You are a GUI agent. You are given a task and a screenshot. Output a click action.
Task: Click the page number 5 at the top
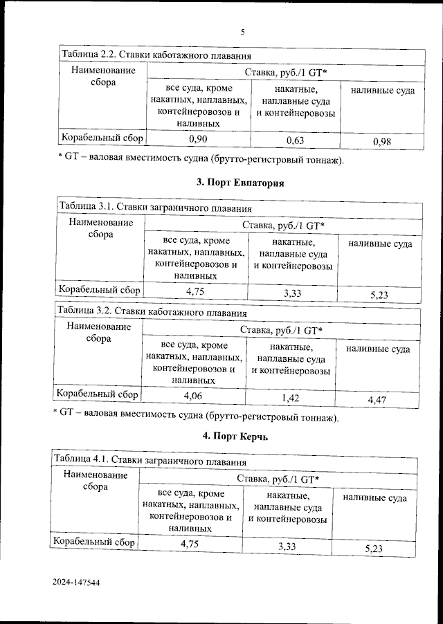point(243,32)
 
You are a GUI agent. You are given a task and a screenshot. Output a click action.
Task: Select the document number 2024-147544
point(77,583)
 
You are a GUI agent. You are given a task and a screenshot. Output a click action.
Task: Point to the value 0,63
point(296,141)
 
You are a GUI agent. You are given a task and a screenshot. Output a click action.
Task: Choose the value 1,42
point(291,398)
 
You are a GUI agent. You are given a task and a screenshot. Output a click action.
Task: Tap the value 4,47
point(378,399)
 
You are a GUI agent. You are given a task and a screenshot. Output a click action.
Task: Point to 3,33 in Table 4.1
point(288,547)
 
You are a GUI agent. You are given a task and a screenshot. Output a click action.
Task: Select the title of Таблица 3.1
point(154,207)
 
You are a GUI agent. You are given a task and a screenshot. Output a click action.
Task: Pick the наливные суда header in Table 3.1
point(380,244)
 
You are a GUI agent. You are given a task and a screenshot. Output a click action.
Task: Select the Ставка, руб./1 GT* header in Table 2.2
point(285,72)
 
